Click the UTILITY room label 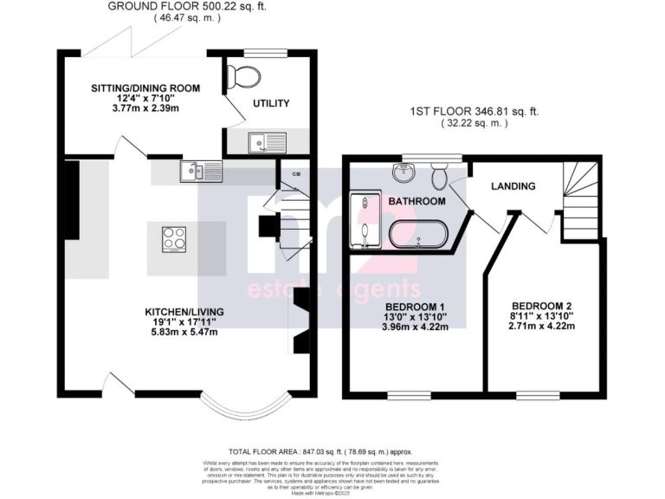coord(270,103)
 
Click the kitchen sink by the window coord(200,172)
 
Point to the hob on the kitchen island coord(174,237)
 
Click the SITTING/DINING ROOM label coord(146,88)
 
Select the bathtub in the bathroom coord(417,235)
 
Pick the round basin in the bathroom coord(403,172)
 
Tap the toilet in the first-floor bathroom coord(440,177)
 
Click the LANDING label coord(513,186)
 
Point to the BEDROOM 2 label coord(542,307)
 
